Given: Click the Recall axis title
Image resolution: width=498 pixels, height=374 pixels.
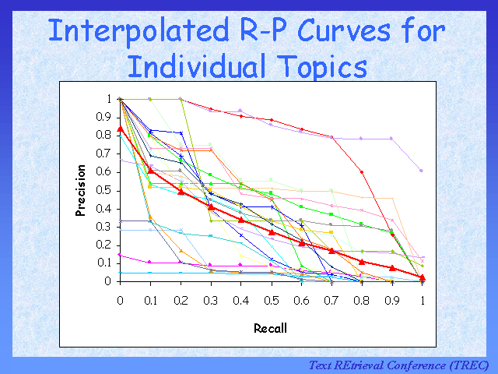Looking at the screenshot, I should point(270,328).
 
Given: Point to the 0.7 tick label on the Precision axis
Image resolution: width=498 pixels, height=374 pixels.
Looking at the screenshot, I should point(103,153).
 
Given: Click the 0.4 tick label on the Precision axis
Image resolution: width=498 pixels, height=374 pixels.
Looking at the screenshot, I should point(103,208).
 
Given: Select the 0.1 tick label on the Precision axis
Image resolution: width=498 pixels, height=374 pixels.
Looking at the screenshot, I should point(103,263).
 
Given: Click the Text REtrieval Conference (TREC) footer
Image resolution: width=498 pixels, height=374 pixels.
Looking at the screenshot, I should point(398,365).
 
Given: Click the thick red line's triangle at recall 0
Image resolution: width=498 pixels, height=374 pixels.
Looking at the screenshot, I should point(120,129).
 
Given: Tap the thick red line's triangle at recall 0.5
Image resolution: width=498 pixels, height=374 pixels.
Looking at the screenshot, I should point(271,231).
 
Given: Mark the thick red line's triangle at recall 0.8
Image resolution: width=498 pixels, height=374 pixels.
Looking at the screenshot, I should point(362,261).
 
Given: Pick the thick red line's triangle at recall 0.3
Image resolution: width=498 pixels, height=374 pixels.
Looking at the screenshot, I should point(210,206).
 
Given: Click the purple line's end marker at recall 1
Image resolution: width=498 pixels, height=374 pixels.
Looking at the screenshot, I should point(422,170).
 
